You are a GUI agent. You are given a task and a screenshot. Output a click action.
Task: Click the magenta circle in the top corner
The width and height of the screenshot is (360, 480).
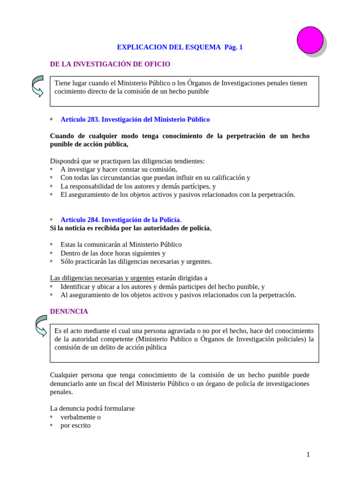(x=310, y=40)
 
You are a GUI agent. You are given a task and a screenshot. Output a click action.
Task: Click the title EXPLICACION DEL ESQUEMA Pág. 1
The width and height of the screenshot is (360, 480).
(x=180, y=47)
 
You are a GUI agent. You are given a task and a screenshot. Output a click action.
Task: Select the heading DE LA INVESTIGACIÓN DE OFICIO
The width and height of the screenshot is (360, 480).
(x=110, y=64)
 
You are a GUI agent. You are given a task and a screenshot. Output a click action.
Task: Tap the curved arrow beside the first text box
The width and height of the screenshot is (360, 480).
(x=37, y=86)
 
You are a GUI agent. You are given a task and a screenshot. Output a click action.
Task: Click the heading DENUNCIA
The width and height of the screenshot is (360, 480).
(x=69, y=312)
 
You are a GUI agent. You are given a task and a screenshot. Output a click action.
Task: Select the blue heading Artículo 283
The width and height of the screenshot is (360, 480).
(x=135, y=120)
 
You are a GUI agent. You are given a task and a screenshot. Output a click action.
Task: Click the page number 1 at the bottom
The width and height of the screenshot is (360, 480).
(x=308, y=454)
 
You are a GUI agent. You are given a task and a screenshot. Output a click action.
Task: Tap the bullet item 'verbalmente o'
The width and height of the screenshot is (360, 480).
(x=80, y=417)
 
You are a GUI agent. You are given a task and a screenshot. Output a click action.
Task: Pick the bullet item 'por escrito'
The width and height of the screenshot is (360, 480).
(x=75, y=426)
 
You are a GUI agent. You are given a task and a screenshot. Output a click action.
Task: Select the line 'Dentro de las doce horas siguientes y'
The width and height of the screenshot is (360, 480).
(x=113, y=253)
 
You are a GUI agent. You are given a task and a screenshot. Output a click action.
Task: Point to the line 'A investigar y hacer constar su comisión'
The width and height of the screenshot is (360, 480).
(x=119, y=170)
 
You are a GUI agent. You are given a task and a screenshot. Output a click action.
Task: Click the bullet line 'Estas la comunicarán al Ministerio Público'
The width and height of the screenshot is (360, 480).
(x=121, y=245)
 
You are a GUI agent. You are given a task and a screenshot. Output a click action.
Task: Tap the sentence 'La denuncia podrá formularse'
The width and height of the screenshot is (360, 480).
(x=92, y=409)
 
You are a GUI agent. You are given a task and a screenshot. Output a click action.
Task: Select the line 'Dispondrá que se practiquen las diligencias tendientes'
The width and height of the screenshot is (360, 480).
(x=127, y=161)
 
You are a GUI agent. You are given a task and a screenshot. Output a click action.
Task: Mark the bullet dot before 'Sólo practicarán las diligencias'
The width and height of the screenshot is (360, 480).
(x=52, y=262)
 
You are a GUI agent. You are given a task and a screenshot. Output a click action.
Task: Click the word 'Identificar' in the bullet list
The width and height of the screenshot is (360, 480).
(x=77, y=286)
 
